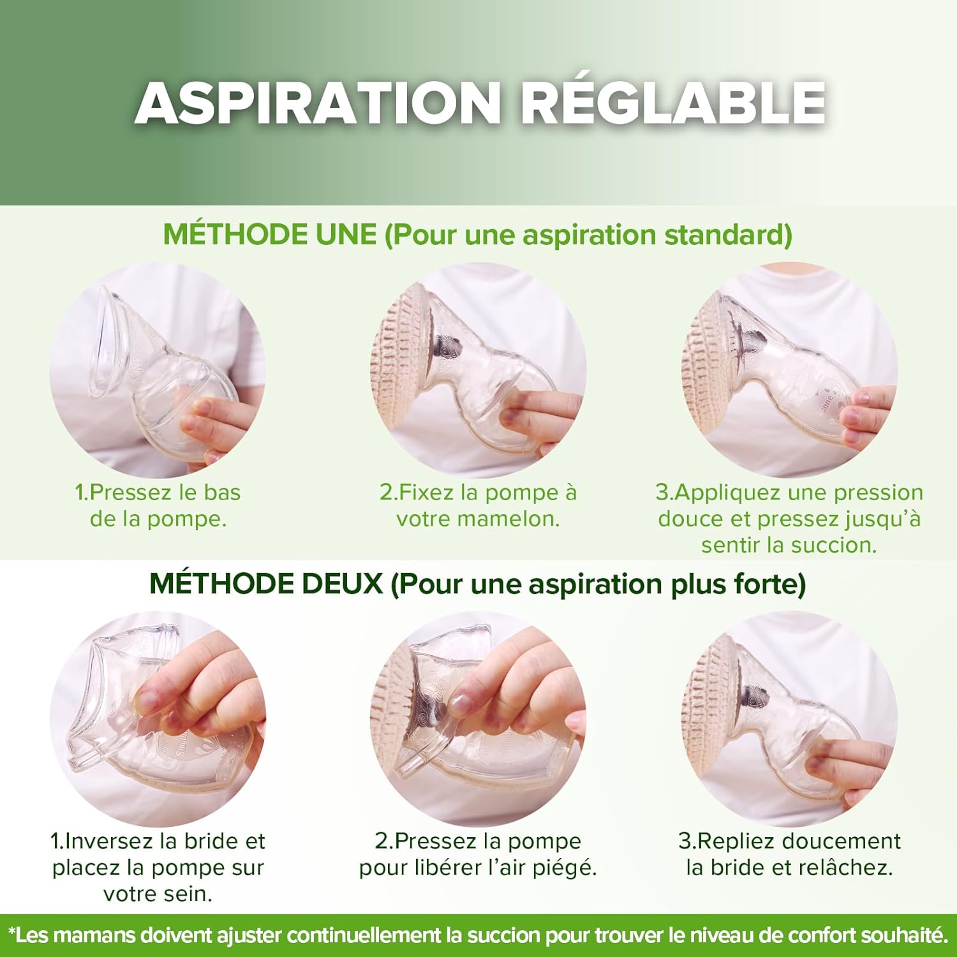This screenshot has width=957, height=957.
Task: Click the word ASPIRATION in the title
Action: pyautogui.click(x=317, y=103)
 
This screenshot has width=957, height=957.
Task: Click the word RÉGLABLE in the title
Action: pyautogui.click(x=674, y=103)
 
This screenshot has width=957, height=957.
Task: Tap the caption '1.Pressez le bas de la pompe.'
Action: pyautogui.click(x=158, y=505)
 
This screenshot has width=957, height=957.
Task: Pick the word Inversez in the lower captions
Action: pyautogui.click(x=110, y=841)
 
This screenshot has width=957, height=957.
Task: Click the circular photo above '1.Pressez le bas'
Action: pyautogui.click(x=158, y=370)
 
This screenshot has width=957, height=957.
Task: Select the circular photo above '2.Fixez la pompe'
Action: pyautogui.click(x=478, y=370)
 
